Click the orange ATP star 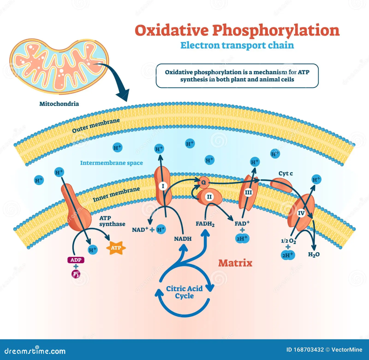coord(115,248)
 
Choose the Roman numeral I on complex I coord(163,186)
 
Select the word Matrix coord(235,263)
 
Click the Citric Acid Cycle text coord(184,292)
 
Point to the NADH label coord(183,239)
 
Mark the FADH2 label coord(205,224)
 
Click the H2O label coord(314,254)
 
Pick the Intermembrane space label coord(111,163)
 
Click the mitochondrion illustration coord(59,65)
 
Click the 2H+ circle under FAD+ coord(242,238)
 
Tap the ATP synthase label coord(112,221)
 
